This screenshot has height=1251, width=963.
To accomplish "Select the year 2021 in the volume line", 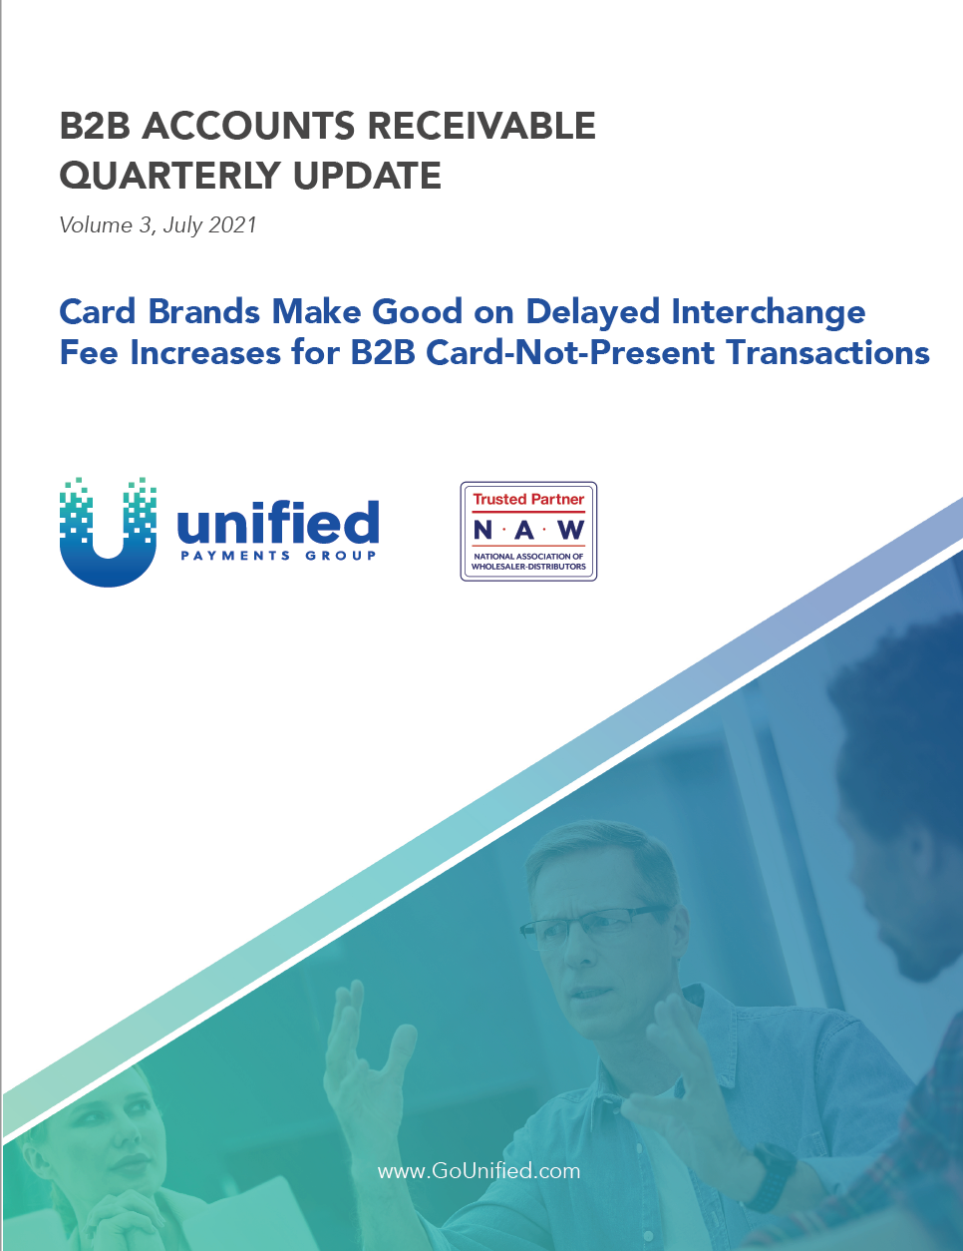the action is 232,224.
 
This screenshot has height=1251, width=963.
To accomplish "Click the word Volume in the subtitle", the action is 96,224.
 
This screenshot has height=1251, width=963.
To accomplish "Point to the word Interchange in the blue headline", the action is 768,312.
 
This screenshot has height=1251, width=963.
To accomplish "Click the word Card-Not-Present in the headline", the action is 560,352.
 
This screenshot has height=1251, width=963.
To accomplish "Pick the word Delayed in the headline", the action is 592,312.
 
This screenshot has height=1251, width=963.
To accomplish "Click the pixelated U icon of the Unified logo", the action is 108,533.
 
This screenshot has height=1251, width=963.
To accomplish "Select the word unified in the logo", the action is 278,522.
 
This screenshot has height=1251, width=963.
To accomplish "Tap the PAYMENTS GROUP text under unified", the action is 278,556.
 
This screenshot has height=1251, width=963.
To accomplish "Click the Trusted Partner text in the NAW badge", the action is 528,499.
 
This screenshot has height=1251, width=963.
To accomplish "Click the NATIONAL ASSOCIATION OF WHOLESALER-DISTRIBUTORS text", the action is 528,562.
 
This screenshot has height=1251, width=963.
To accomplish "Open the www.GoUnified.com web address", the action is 480,1171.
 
